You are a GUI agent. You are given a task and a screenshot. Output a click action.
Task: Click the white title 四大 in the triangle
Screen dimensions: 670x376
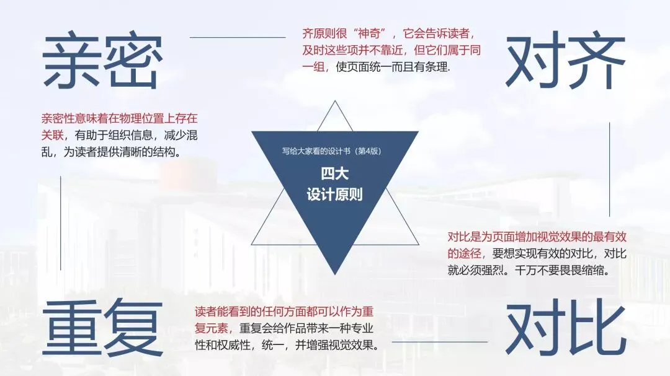pos(335,174)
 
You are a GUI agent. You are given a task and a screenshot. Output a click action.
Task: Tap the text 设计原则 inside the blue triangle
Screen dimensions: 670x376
pos(335,194)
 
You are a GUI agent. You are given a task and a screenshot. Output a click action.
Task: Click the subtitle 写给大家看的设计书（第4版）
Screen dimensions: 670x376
pos(335,151)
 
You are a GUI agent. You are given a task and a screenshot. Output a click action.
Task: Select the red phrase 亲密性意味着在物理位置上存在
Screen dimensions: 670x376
pos(119,118)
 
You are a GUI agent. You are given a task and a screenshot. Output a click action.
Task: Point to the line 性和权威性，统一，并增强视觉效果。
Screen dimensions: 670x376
pos(287,344)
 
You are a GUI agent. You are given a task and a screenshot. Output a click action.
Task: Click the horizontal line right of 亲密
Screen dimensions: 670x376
pos(237,37)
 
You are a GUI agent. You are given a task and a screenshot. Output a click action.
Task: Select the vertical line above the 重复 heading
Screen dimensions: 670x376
pos(61,223)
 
